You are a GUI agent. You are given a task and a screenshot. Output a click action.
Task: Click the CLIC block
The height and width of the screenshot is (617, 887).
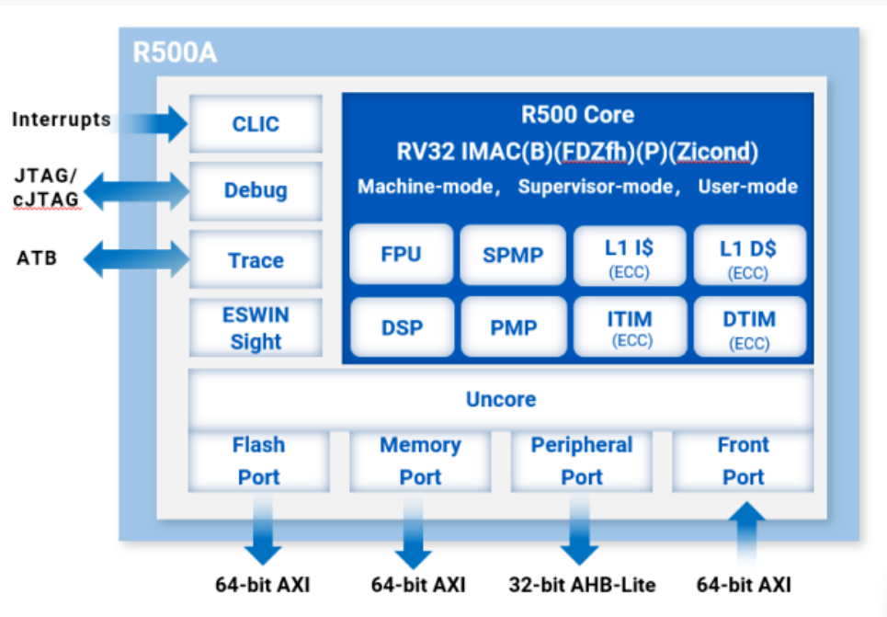click(256, 124)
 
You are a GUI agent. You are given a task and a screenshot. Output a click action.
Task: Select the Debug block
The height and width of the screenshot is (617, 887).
click(256, 190)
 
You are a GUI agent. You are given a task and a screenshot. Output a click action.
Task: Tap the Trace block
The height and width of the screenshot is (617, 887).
click(256, 260)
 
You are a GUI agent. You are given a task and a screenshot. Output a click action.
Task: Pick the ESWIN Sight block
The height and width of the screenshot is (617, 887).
click(256, 327)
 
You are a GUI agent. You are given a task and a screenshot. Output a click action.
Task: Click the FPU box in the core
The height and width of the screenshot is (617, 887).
click(401, 254)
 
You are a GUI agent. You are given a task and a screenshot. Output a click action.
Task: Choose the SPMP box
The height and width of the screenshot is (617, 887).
click(513, 255)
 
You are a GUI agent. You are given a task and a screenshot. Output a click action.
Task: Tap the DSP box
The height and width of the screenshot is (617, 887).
click(401, 326)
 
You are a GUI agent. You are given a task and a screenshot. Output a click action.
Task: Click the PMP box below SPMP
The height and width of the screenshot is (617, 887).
click(513, 326)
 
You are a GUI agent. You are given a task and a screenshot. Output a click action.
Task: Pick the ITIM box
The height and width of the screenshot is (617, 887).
click(630, 326)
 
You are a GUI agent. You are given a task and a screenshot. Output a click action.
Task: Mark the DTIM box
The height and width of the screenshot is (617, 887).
click(748, 326)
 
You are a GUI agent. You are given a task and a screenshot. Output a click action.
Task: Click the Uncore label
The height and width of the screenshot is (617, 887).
click(501, 400)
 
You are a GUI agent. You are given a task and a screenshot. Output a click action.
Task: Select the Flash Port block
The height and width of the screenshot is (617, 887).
click(258, 461)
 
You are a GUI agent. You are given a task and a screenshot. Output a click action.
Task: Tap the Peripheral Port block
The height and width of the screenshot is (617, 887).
click(582, 461)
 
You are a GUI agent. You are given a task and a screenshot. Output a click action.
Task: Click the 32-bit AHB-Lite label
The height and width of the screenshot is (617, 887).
click(582, 584)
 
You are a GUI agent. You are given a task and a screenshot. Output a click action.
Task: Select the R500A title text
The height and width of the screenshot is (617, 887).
click(175, 52)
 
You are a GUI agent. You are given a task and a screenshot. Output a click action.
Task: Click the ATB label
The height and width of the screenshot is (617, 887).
click(37, 258)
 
